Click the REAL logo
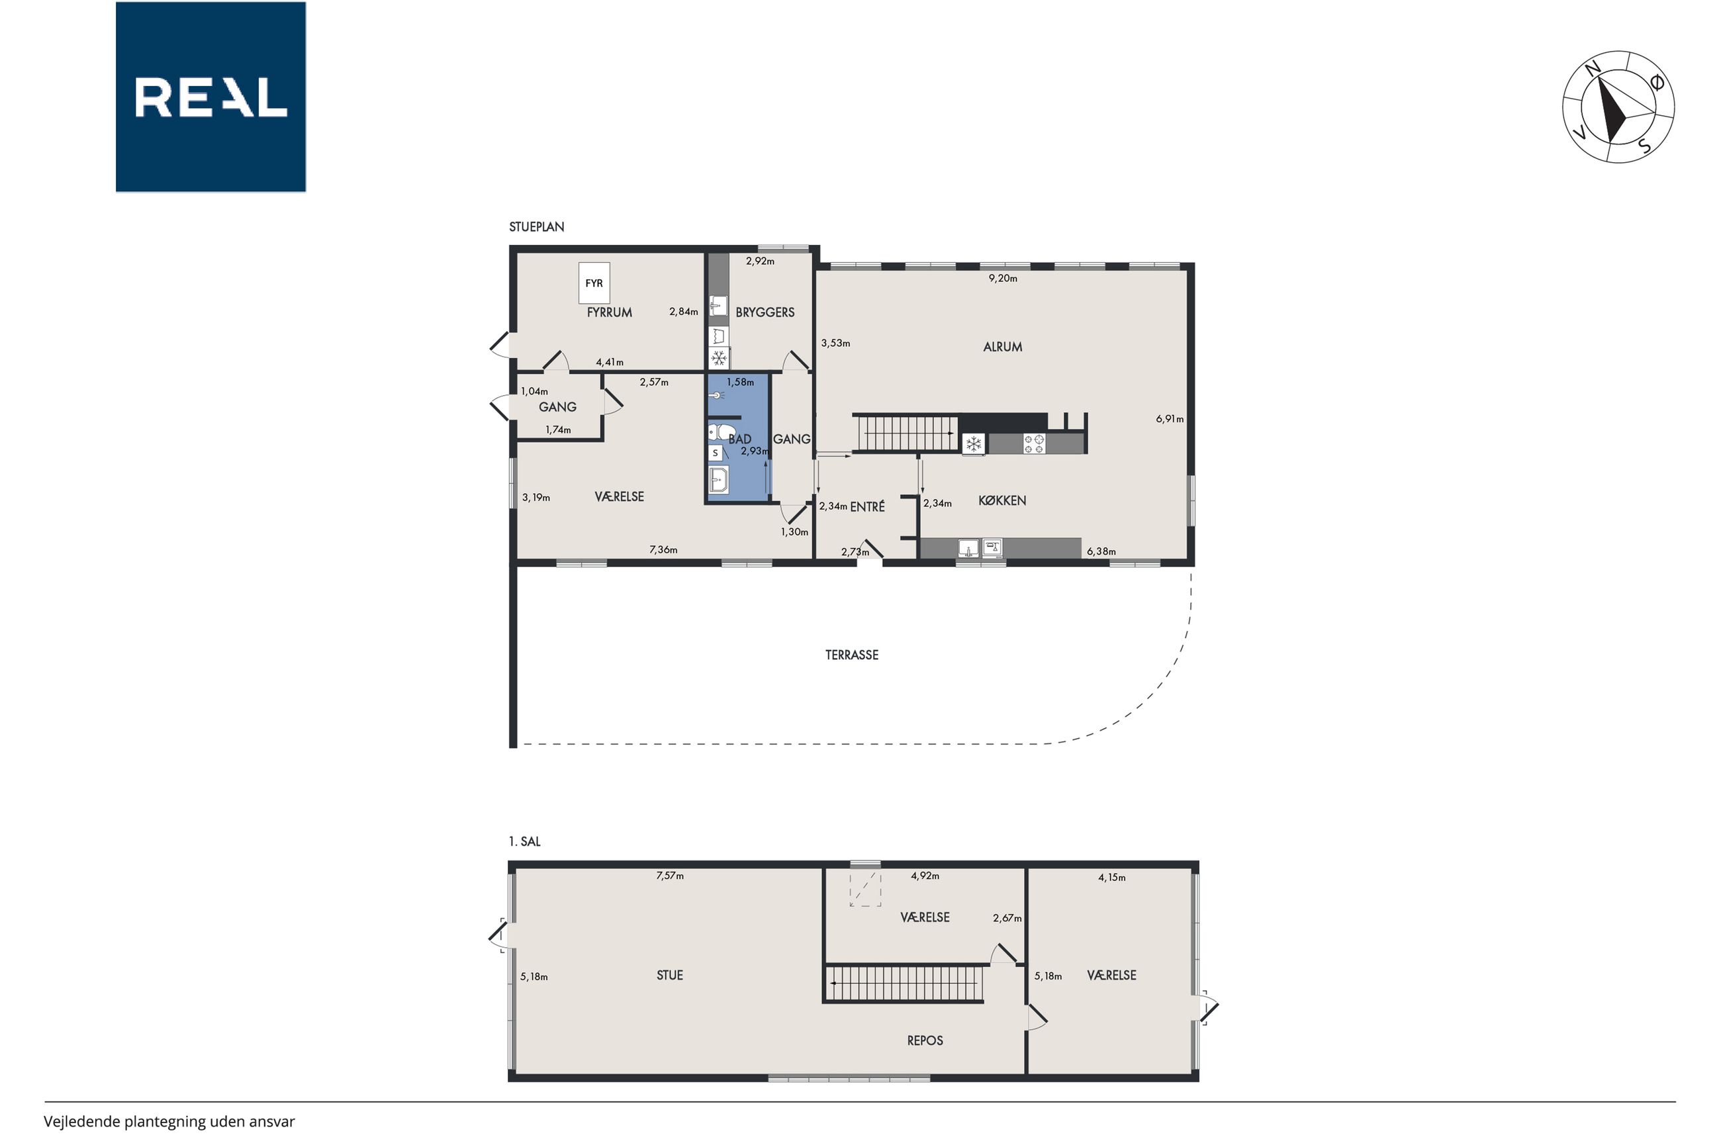tap(210, 97)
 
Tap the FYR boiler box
tap(594, 283)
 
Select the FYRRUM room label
tap(609, 312)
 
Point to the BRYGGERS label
tap(765, 312)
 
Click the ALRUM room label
tap(1002, 347)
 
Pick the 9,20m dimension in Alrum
tap(1003, 278)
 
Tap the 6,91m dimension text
tap(1170, 419)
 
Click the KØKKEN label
tap(1002, 500)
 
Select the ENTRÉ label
tap(867, 506)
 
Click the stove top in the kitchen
tap(1033, 443)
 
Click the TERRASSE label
tap(851, 655)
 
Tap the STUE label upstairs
tap(669, 975)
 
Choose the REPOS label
tap(925, 1040)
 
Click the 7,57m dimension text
tap(670, 876)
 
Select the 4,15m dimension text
tap(1112, 878)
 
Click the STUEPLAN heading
tap(536, 227)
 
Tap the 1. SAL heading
tap(524, 841)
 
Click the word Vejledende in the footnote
tap(82, 1121)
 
